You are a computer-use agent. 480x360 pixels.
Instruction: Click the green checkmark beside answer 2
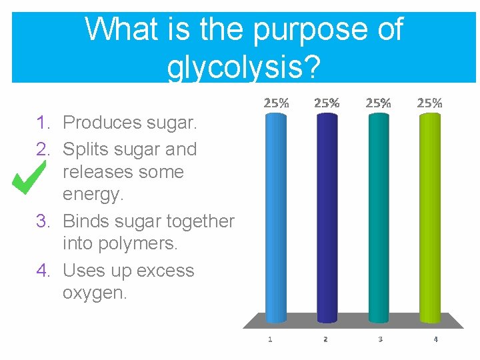pos(29,177)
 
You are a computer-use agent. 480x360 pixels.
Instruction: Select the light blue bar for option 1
pos(276,217)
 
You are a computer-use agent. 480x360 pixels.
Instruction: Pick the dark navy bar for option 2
pos(327,217)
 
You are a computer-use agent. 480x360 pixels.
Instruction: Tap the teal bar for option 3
pos(378,217)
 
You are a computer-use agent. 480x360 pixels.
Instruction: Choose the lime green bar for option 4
pos(430,217)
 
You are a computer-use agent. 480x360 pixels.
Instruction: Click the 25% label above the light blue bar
pos(277,103)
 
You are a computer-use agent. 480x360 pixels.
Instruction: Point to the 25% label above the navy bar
pos(327,103)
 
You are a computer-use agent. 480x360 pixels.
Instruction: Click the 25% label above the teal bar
pos(378,103)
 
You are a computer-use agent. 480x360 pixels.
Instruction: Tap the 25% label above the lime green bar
pos(430,103)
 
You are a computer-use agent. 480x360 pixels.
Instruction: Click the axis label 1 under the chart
pos(270,339)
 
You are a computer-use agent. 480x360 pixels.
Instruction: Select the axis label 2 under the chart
pos(325,339)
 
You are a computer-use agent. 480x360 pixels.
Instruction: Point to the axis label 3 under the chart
pos(380,339)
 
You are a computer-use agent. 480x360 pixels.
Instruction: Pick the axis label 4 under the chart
pos(435,339)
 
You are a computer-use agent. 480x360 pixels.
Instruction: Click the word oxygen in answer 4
pos(94,293)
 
